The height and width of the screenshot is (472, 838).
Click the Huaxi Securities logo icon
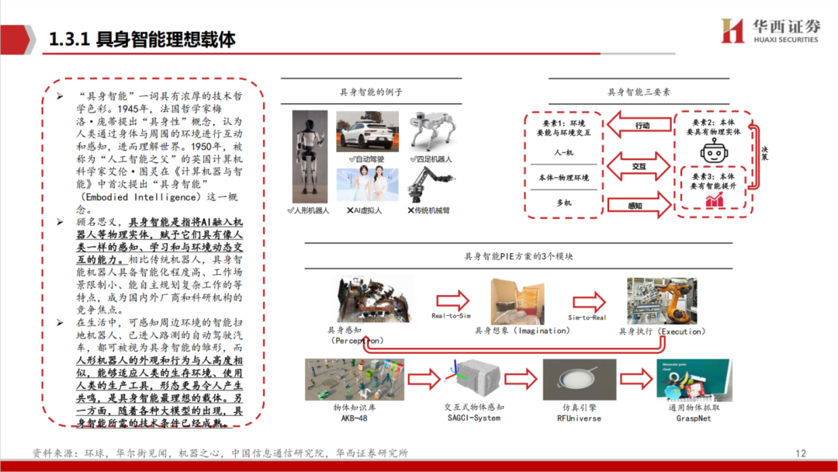pos(732,32)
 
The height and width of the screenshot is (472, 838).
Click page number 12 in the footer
pos(801,453)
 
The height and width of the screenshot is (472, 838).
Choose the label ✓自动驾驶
pos(367,158)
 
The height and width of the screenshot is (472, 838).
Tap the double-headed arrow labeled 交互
pos(639,165)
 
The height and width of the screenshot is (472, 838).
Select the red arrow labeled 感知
pos(638,206)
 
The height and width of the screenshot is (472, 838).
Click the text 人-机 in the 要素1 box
pos(563,153)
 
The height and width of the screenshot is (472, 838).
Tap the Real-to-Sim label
pos(452,316)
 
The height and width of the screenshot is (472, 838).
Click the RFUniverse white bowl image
pos(579,379)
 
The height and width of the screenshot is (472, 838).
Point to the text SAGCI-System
pos(473,418)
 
